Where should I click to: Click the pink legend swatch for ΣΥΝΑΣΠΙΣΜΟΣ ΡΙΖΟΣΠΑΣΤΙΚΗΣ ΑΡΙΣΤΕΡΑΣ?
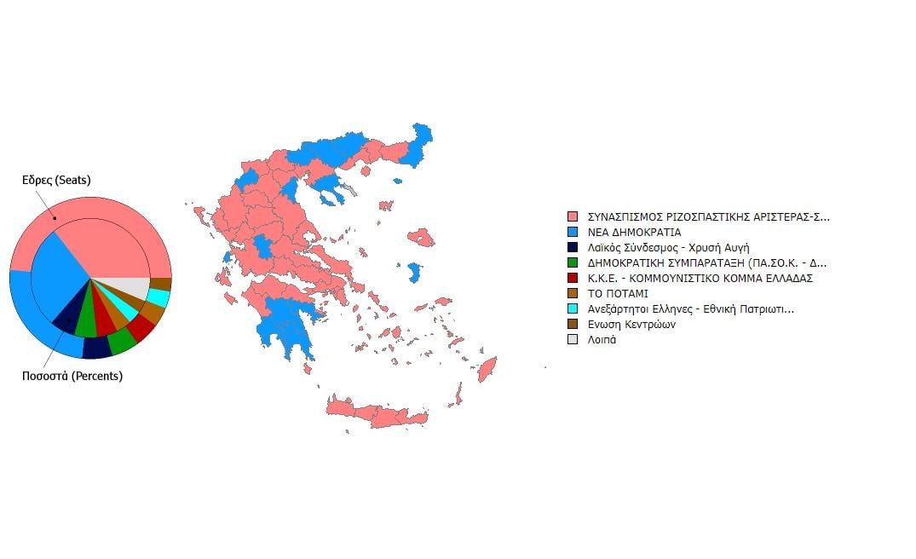click(x=572, y=216)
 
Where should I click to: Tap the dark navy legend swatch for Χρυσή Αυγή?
click(x=572, y=247)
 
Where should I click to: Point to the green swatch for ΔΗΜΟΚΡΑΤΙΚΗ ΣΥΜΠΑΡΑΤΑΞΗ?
click(x=572, y=262)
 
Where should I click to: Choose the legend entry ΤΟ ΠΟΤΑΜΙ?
click(x=618, y=293)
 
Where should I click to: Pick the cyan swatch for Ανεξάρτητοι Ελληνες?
click(x=572, y=308)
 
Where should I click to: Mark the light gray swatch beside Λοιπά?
click(x=572, y=339)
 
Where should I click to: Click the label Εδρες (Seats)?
click(x=56, y=180)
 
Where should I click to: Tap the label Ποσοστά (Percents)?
click(x=72, y=376)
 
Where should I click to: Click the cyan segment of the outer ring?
click(x=158, y=297)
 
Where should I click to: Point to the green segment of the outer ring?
click(x=123, y=342)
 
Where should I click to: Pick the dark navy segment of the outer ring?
click(x=96, y=348)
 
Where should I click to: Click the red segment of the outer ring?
click(x=141, y=328)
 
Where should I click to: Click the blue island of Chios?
click(x=415, y=273)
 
